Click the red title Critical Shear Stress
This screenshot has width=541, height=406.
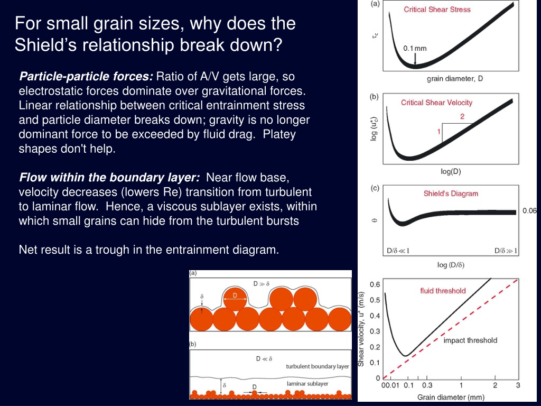point(437,10)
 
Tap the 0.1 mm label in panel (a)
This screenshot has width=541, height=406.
point(415,48)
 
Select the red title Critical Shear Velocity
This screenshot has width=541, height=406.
point(436,103)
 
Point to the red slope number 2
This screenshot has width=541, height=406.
point(462,117)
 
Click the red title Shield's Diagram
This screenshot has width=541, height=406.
point(451,193)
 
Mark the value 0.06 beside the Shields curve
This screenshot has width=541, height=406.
point(529,210)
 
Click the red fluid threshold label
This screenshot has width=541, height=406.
point(443,291)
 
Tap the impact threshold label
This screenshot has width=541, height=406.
point(470,340)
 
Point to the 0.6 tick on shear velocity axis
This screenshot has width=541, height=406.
point(375,284)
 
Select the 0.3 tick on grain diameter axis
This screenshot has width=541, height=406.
point(427,385)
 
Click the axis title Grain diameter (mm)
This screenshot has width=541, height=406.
point(451,398)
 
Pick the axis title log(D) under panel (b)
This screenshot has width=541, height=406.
point(451,171)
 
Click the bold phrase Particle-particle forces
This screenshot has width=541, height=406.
point(86,76)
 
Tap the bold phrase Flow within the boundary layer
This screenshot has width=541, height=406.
point(109,178)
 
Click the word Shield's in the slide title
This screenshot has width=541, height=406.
point(50,45)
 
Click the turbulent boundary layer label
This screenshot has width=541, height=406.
point(318,366)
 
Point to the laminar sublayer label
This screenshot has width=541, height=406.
point(307,384)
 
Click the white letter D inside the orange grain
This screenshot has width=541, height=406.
point(235,296)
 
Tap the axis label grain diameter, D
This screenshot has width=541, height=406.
point(455,79)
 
